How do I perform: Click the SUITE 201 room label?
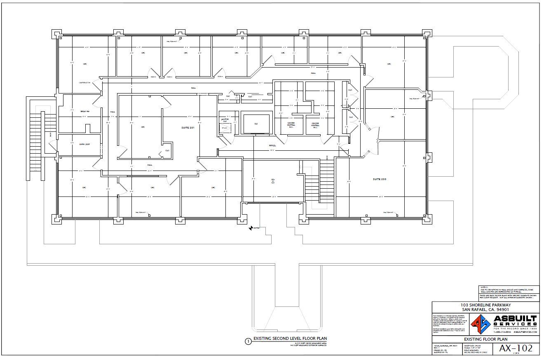(188, 128)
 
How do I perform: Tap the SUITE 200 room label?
(380, 179)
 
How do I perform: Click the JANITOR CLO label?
(225, 120)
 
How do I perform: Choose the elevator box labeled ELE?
(256, 124)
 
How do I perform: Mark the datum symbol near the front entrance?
(251, 228)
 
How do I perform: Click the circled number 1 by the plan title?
(248, 341)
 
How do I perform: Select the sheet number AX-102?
(516, 348)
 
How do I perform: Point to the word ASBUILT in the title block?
(515, 319)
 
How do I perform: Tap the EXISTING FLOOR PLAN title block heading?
(485, 339)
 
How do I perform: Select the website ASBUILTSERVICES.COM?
(525, 332)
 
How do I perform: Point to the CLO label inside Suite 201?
(167, 150)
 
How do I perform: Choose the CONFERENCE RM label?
(84, 83)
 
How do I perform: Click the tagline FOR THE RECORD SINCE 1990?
(515, 328)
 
